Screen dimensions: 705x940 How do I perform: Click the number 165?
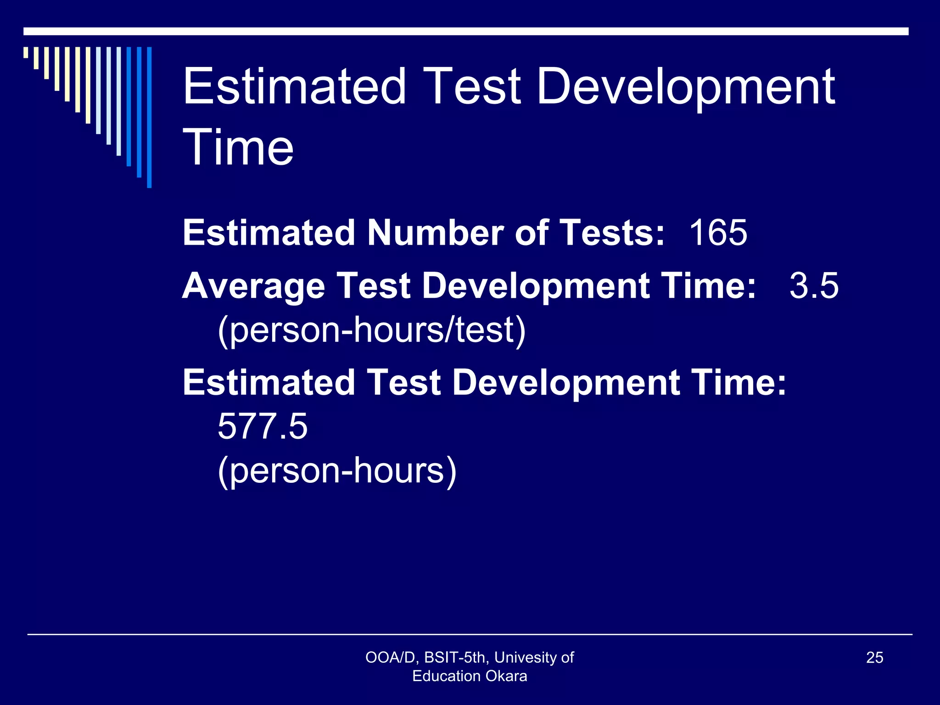point(718,233)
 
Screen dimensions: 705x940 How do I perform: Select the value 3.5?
point(814,285)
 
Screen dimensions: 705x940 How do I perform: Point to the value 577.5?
point(262,426)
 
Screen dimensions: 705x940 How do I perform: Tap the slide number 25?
point(874,658)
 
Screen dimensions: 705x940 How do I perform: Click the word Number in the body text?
point(435,233)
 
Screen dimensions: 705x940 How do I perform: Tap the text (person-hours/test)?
point(372,330)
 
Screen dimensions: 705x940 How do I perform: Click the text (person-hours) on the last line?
point(337,471)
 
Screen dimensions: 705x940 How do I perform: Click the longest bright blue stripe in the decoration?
point(149,117)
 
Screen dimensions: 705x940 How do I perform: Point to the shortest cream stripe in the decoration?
point(26,52)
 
